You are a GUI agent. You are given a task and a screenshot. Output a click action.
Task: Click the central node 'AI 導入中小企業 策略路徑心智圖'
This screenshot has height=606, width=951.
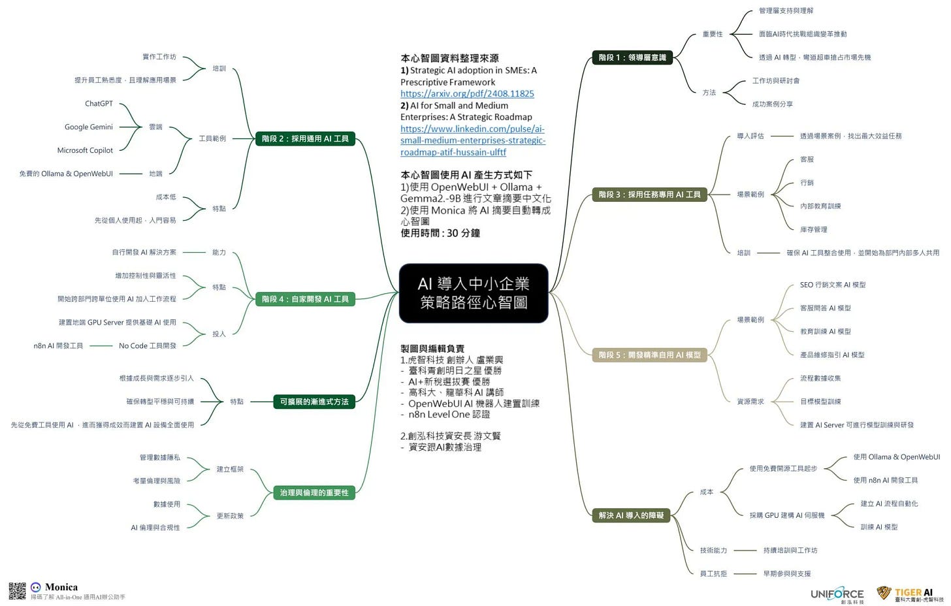(x=473, y=293)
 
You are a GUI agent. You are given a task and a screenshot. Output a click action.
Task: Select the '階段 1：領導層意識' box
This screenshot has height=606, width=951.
(x=632, y=57)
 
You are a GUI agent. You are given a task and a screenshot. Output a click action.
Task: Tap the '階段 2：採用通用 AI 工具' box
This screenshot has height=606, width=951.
(x=305, y=138)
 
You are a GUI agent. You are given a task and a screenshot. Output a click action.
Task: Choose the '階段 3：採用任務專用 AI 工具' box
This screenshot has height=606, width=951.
(x=649, y=195)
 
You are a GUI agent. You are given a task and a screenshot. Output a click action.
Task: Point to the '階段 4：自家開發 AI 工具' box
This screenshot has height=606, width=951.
(x=305, y=299)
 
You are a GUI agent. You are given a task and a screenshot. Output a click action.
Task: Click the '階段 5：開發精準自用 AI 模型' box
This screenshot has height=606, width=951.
(x=649, y=355)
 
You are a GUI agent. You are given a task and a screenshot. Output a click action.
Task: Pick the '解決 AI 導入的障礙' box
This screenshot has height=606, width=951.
(x=631, y=515)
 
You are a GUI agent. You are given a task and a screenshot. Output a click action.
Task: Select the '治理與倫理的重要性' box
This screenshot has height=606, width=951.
(x=314, y=492)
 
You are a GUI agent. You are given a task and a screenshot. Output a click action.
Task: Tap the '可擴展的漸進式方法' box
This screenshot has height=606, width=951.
(x=314, y=402)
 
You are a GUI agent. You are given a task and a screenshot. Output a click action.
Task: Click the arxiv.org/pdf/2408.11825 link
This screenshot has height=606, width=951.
(x=467, y=93)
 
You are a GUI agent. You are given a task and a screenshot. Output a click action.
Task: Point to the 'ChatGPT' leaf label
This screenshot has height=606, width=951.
(x=99, y=104)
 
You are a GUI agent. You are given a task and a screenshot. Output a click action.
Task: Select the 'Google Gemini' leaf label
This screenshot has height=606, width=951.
(x=89, y=127)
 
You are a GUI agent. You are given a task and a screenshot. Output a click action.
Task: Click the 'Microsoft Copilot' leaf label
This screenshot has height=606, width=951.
(x=85, y=150)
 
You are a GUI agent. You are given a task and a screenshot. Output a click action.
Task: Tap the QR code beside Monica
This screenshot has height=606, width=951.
(x=17, y=591)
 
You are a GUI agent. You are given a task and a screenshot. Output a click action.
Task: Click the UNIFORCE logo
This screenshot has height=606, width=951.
(x=837, y=594)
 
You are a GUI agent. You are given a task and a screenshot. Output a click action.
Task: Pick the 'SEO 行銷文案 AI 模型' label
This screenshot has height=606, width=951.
(x=833, y=285)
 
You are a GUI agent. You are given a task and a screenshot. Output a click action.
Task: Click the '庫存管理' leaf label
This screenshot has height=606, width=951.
(x=814, y=229)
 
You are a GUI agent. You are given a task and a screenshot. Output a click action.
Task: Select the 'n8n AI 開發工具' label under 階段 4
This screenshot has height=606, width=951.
(x=58, y=346)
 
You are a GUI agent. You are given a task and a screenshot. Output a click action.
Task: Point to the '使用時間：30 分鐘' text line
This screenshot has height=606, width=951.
(x=440, y=233)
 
